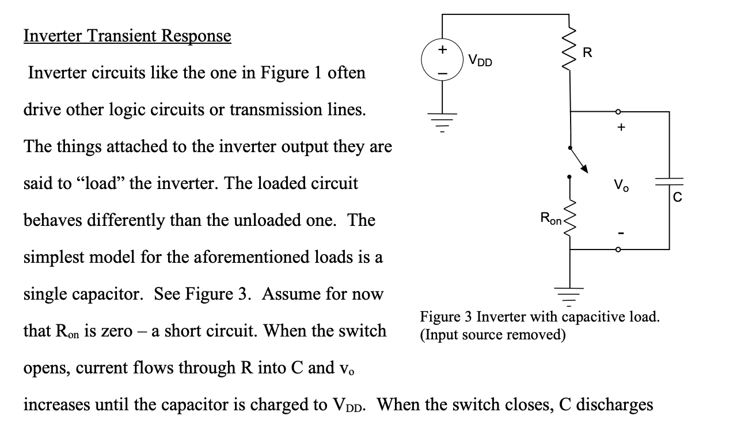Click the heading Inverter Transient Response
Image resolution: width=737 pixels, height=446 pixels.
pos(127,36)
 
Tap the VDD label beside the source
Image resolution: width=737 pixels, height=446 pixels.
pos(480,60)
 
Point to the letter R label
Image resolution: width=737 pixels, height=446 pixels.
pos(587,54)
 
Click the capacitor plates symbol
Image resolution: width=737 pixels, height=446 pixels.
pos(669,182)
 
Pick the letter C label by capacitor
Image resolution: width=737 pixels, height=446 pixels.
pos(678,198)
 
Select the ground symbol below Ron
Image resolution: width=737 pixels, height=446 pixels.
pos(570,295)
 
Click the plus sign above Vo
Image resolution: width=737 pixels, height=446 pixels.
pos(621,128)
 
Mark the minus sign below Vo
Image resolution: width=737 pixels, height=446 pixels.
pos(621,233)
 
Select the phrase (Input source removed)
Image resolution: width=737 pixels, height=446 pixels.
pos(493,334)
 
